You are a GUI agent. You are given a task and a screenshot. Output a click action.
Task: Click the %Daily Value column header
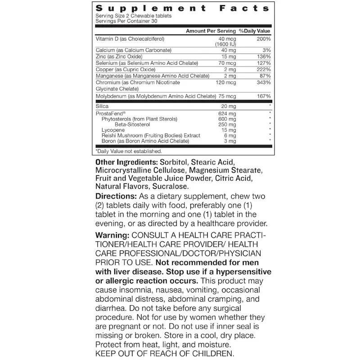(254, 31)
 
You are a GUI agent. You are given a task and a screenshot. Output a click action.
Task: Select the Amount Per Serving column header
(211, 31)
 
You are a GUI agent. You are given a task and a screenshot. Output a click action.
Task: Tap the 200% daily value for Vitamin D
(263, 40)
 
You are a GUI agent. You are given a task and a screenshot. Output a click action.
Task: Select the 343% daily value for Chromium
(263, 82)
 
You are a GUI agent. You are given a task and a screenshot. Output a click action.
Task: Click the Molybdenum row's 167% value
(263, 96)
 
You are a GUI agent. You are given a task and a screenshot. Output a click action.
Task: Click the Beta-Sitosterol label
(134, 124)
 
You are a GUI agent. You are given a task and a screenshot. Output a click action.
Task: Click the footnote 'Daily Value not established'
(129, 151)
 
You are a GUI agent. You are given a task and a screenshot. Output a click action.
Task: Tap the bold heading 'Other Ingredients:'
(124, 162)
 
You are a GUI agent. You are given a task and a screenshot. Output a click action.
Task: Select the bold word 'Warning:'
(112, 236)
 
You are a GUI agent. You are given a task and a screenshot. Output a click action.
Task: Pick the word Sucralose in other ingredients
(172, 186)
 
